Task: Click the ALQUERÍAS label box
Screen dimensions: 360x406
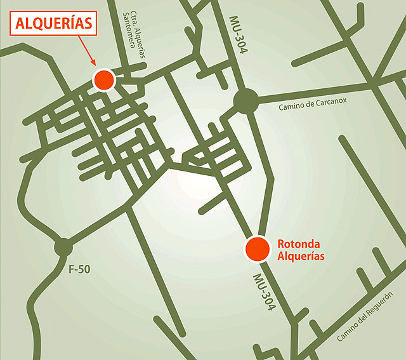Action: pyautogui.click(x=53, y=24)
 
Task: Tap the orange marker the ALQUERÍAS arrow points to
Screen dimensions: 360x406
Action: pyautogui.click(x=103, y=79)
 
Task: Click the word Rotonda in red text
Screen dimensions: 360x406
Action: pyautogui.click(x=298, y=243)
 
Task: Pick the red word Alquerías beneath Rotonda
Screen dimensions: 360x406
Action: pyautogui.click(x=301, y=256)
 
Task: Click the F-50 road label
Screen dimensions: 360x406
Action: pyautogui.click(x=79, y=269)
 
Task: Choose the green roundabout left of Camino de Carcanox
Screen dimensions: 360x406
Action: pyautogui.click(x=245, y=100)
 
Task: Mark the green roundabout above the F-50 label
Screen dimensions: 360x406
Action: pyautogui.click(x=63, y=246)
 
